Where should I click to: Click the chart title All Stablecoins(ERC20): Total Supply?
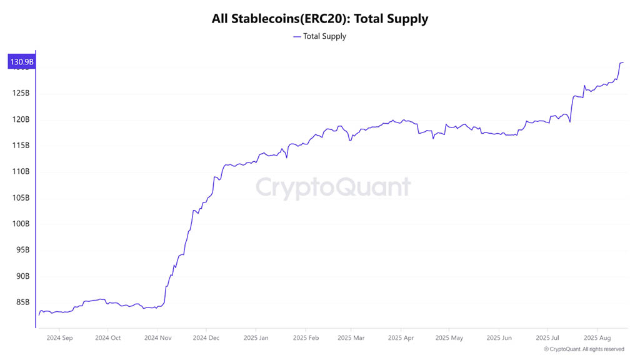pos(320,19)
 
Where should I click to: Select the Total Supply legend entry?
pos(320,36)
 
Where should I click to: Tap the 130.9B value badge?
pos(21,62)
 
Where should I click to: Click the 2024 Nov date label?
pos(157,338)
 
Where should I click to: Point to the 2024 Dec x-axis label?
pos(206,338)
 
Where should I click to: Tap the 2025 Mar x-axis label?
pos(351,338)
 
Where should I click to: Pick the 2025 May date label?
pos(449,338)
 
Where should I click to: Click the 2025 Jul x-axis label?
pos(547,338)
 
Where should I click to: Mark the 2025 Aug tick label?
pos(597,338)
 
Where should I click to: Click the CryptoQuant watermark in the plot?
pos(333,187)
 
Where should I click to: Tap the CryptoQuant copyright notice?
pos(584,349)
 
